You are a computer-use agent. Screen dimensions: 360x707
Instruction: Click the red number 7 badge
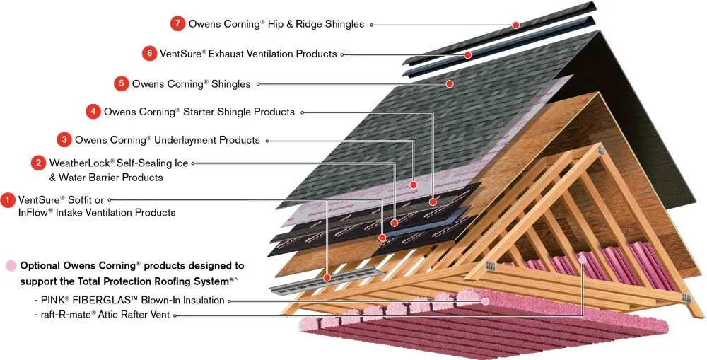click(x=177, y=23)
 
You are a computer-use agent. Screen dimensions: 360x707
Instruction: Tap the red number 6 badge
click(x=148, y=53)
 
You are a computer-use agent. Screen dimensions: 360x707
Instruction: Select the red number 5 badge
click(x=121, y=83)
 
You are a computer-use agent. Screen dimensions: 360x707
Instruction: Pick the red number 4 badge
click(x=93, y=111)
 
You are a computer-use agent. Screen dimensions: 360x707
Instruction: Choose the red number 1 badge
click(x=8, y=200)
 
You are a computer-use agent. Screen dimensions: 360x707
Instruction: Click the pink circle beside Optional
click(x=11, y=266)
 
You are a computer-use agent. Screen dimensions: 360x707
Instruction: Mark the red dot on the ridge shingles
click(x=516, y=25)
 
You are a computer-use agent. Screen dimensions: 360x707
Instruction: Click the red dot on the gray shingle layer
click(x=449, y=83)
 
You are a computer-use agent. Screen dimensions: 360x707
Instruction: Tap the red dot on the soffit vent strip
click(x=327, y=278)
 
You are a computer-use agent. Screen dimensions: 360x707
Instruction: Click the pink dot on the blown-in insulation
click(x=485, y=301)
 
